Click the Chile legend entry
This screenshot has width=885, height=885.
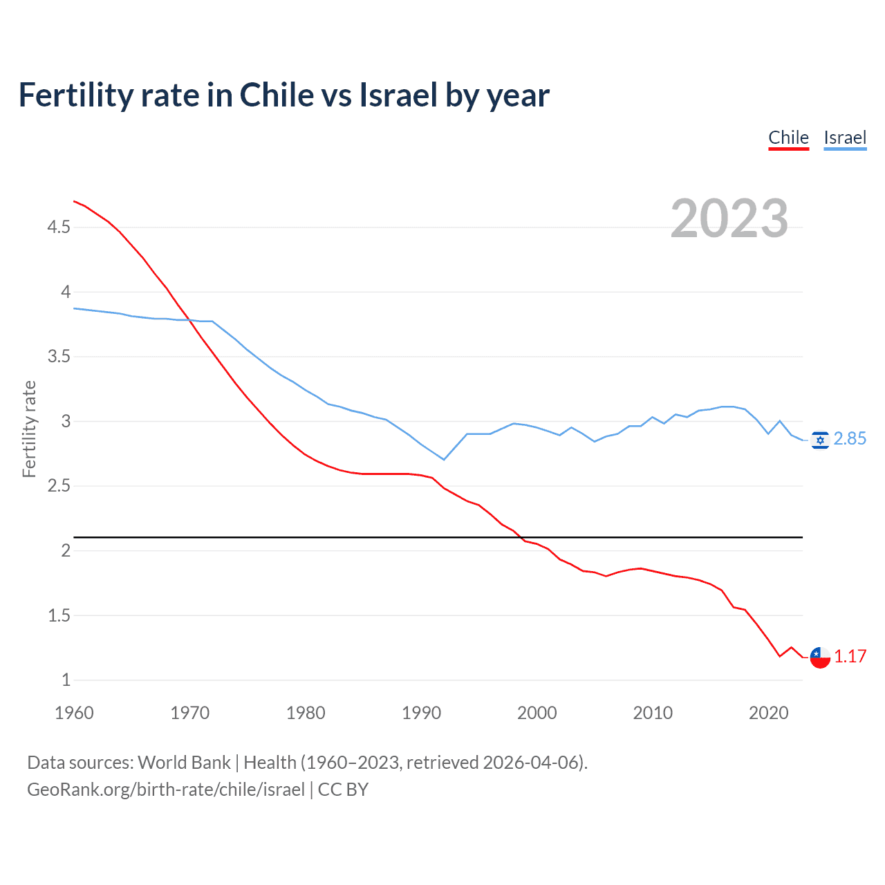pos(788,138)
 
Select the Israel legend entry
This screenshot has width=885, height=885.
pos(845,138)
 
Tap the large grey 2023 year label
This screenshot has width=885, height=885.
pos(729,218)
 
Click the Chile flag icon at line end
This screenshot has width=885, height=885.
pos(820,658)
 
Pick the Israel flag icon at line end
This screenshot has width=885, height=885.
pos(820,440)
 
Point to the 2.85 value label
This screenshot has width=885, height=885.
pos(850,439)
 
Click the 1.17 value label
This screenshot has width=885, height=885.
pos(850,657)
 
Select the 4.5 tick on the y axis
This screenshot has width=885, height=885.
pos(59,227)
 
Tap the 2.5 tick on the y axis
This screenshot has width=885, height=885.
pos(59,486)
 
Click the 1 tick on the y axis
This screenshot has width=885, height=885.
pos(66,680)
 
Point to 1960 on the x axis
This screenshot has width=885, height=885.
pos(74,713)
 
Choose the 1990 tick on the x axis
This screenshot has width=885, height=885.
pos(421,713)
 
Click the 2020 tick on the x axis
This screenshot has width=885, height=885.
pos(768,713)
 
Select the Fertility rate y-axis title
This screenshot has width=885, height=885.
pos(29,429)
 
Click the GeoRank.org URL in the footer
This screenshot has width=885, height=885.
pos(166,790)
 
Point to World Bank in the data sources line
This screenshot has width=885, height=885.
pos(184,763)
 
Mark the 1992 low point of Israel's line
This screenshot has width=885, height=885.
pos(444,460)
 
